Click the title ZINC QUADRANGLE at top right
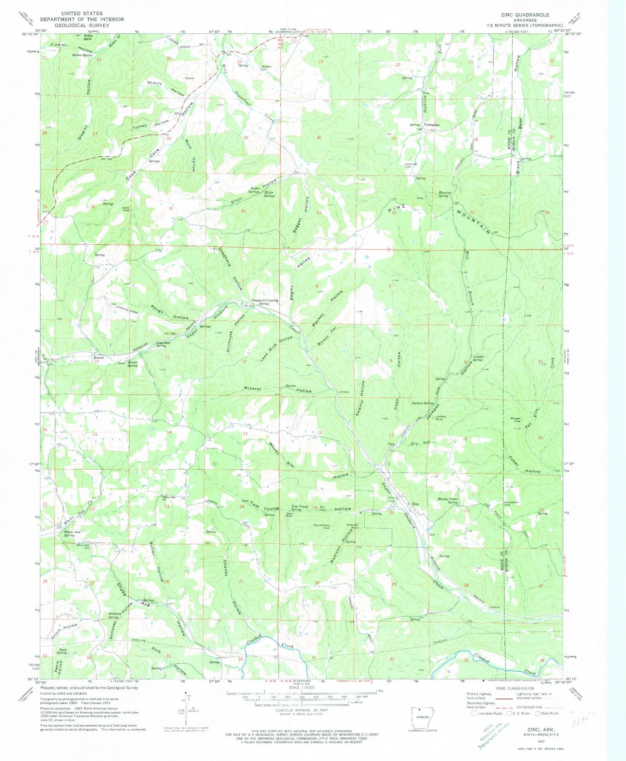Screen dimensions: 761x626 click(525, 15)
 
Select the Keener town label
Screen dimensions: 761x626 click(99, 358)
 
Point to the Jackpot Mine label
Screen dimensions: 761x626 click(441, 418)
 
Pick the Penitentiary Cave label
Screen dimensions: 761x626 click(322, 527)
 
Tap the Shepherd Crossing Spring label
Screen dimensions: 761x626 click(264, 302)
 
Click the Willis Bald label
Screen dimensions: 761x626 click(87, 38)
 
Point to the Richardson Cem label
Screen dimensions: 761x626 click(512, 503)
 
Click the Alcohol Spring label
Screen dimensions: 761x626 click(478, 358)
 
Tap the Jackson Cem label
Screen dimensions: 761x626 click(266, 68)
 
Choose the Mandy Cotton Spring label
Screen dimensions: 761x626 click(448, 501)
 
